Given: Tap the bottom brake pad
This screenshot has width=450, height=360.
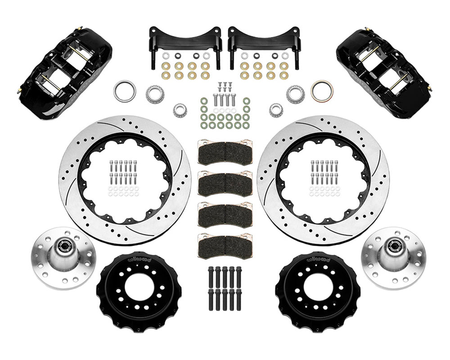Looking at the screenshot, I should (x=225, y=243).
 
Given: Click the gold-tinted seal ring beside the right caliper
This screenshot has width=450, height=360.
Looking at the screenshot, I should (x=322, y=91).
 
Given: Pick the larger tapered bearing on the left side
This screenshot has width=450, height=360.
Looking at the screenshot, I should (x=155, y=94).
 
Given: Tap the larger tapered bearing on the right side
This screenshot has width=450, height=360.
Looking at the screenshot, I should (x=296, y=94).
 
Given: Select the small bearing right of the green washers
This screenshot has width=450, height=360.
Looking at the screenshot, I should (x=275, y=109).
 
